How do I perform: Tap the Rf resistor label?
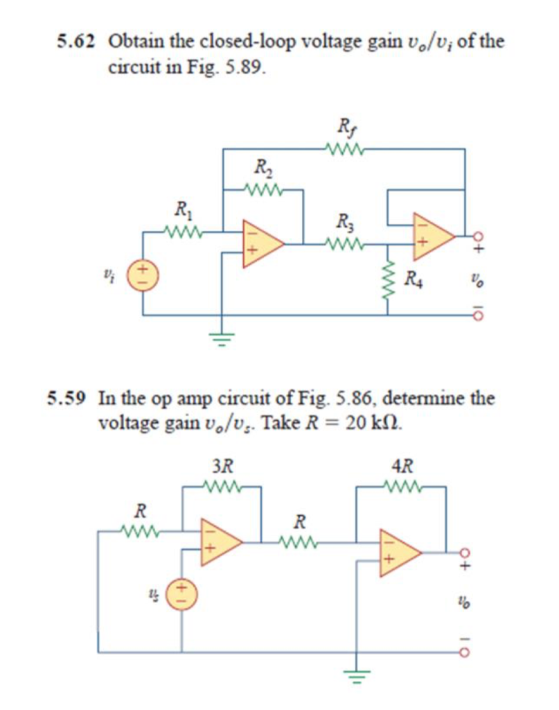tap(344, 128)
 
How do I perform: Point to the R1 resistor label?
tap(182, 207)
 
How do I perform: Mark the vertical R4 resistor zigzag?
tap(387, 281)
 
